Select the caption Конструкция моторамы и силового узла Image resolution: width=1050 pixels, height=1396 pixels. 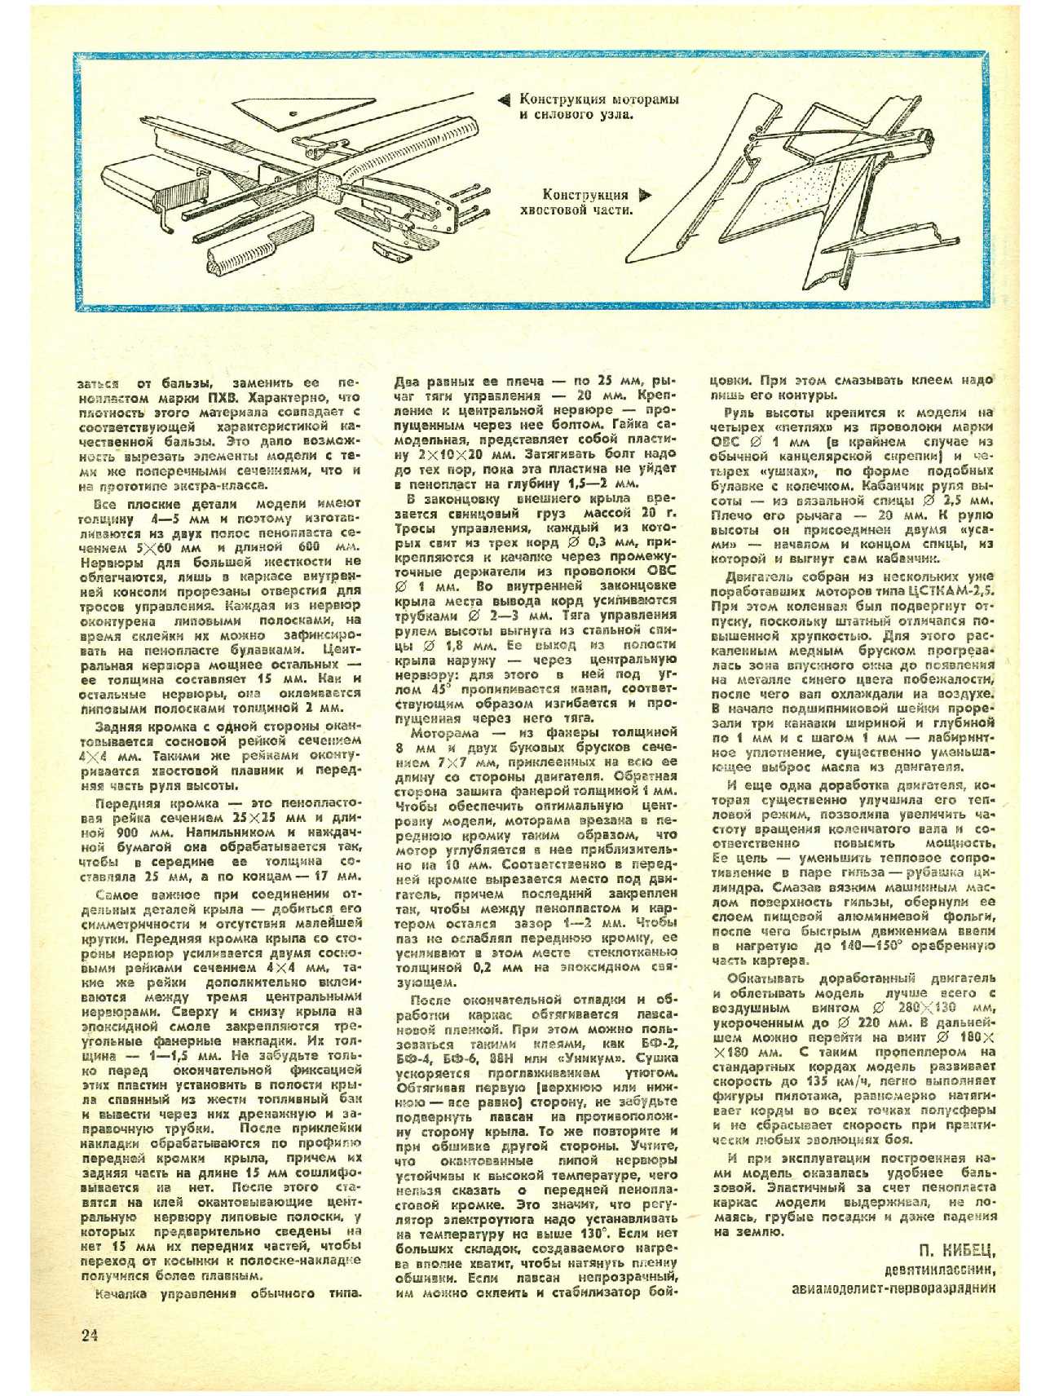coord(599,107)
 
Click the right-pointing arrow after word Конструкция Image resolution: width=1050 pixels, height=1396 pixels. coord(646,195)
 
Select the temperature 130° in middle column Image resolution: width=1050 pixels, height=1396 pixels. coord(609,1235)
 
